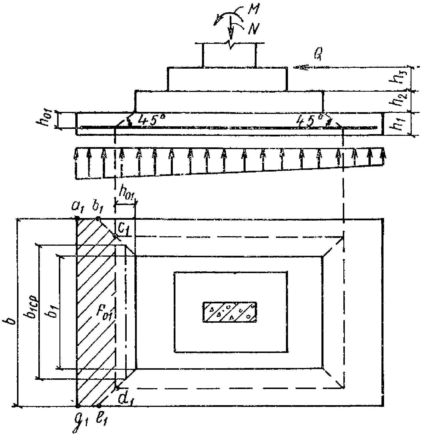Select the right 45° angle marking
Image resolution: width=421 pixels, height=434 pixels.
308,121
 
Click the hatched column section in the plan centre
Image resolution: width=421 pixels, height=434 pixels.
230,312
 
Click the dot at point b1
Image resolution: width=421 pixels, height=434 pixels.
98,219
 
